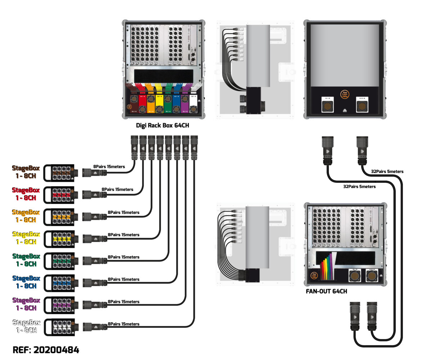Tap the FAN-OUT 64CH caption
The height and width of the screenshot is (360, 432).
coord(326,291)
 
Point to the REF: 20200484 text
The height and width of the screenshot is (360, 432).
coord(46,350)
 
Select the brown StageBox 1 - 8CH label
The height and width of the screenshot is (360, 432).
coord(26,171)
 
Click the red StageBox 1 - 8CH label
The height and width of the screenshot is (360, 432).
coord(26,193)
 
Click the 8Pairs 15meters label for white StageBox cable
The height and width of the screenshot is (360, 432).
coord(123,324)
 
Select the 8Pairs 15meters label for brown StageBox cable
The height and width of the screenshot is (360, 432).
coord(109,167)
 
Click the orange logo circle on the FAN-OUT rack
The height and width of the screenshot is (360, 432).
coord(314,276)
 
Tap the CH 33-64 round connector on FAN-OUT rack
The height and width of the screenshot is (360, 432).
coord(371,276)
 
